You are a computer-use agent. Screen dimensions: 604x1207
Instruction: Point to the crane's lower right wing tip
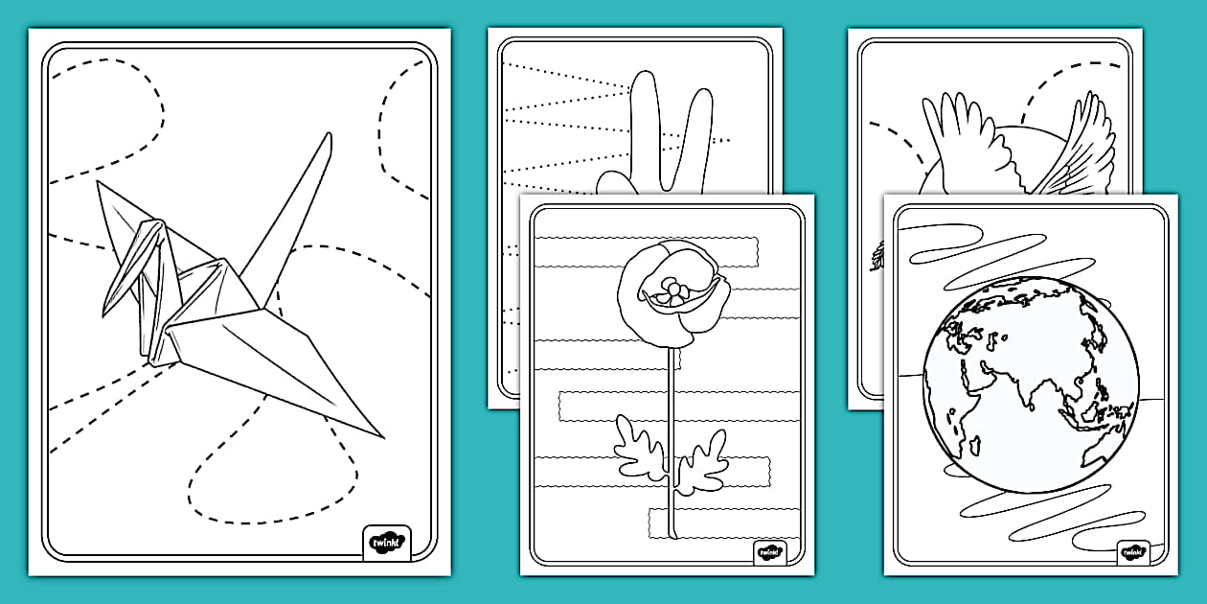coord(381,436)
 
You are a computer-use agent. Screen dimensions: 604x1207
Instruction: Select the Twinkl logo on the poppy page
coord(769,553)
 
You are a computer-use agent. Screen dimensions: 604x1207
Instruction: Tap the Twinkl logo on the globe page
coord(1132,553)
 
